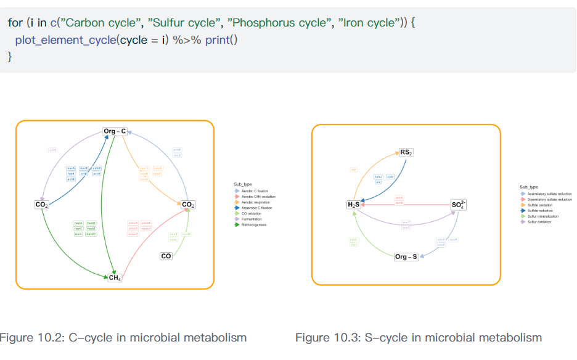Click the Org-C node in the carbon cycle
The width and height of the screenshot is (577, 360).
click(x=115, y=131)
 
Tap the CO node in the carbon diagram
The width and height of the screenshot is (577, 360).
click(x=166, y=256)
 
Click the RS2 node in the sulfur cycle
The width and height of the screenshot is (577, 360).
click(x=406, y=152)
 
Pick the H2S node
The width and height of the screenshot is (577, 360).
click(x=353, y=204)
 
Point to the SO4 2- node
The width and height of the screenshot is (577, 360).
click(x=459, y=205)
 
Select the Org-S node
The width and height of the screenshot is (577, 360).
click(x=406, y=256)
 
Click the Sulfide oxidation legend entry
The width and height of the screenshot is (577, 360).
click(x=540, y=205)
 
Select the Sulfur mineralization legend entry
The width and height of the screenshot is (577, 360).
click(x=543, y=216)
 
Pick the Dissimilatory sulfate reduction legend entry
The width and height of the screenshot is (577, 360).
click(x=549, y=199)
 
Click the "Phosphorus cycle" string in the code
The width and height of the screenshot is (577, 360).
click(x=276, y=23)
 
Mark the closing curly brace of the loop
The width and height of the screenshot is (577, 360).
click(x=9, y=57)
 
